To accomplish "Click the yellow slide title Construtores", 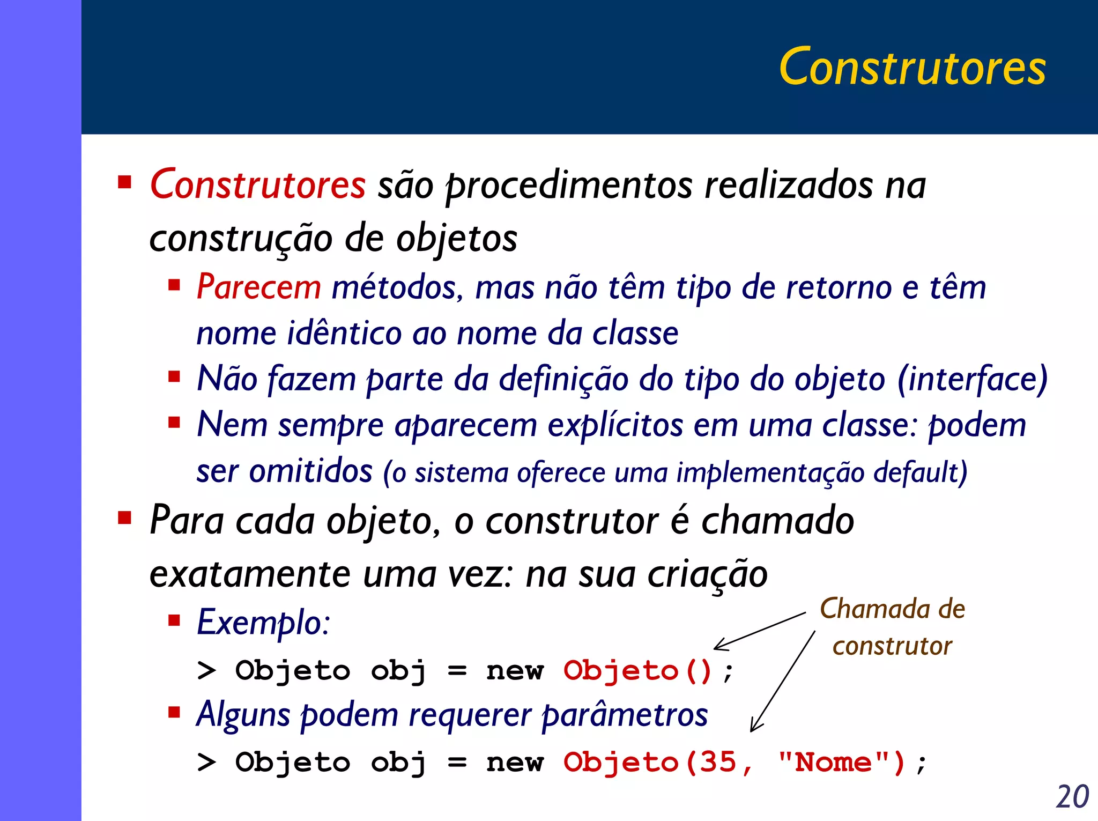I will click(912, 67).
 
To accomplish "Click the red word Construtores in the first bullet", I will click(257, 184).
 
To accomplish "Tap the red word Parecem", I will click(258, 287).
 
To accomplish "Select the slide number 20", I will click(1072, 796).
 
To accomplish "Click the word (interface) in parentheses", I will click(972, 379).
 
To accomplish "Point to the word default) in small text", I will click(919, 472).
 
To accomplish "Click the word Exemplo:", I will click(263, 623).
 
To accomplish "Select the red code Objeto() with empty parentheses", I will click(637, 671).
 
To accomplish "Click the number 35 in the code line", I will click(717, 762).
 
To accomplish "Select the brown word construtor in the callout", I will click(892, 646).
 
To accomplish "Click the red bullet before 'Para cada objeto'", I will click(124, 518).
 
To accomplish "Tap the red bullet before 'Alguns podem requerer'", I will click(174, 712).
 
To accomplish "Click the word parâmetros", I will click(624, 715).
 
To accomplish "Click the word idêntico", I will click(344, 333).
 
